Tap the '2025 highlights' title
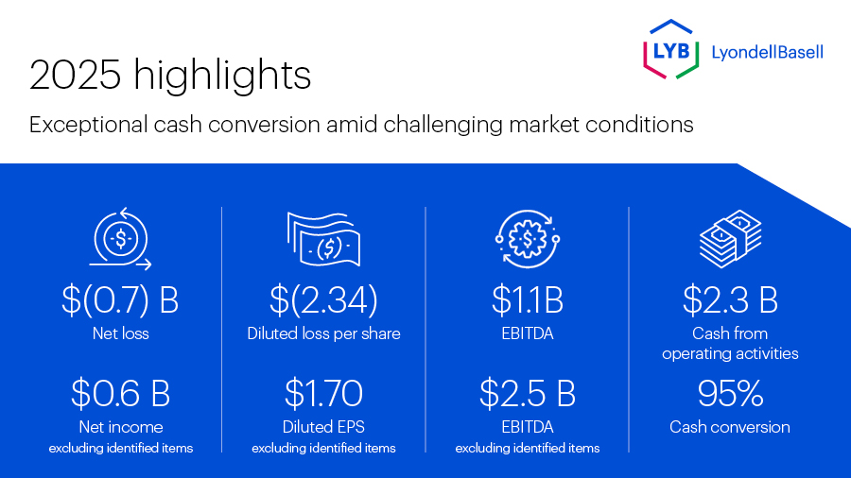[170, 76]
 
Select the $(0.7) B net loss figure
[120, 299]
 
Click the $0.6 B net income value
[120, 392]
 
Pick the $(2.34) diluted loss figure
[323, 299]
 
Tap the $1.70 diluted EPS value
[323, 392]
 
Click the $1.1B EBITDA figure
[528, 299]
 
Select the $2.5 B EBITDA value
[528, 392]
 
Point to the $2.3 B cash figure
[730, 299]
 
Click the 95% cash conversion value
[730, 392]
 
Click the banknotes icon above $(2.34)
[324, 241]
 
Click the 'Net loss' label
[120, 333]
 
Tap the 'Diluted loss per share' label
[323, 333]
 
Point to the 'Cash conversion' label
[730, 427]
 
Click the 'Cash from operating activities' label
[730, 343]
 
